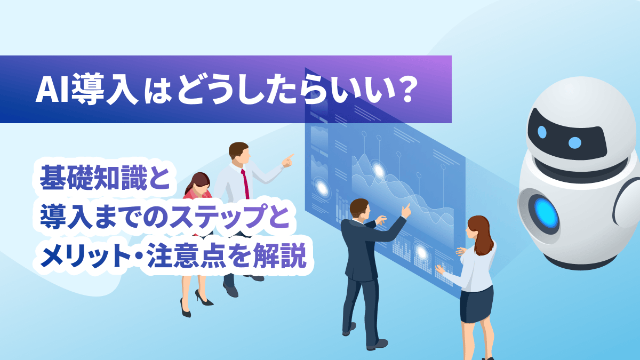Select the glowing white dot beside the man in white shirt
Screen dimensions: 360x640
(x=322, y=188)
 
